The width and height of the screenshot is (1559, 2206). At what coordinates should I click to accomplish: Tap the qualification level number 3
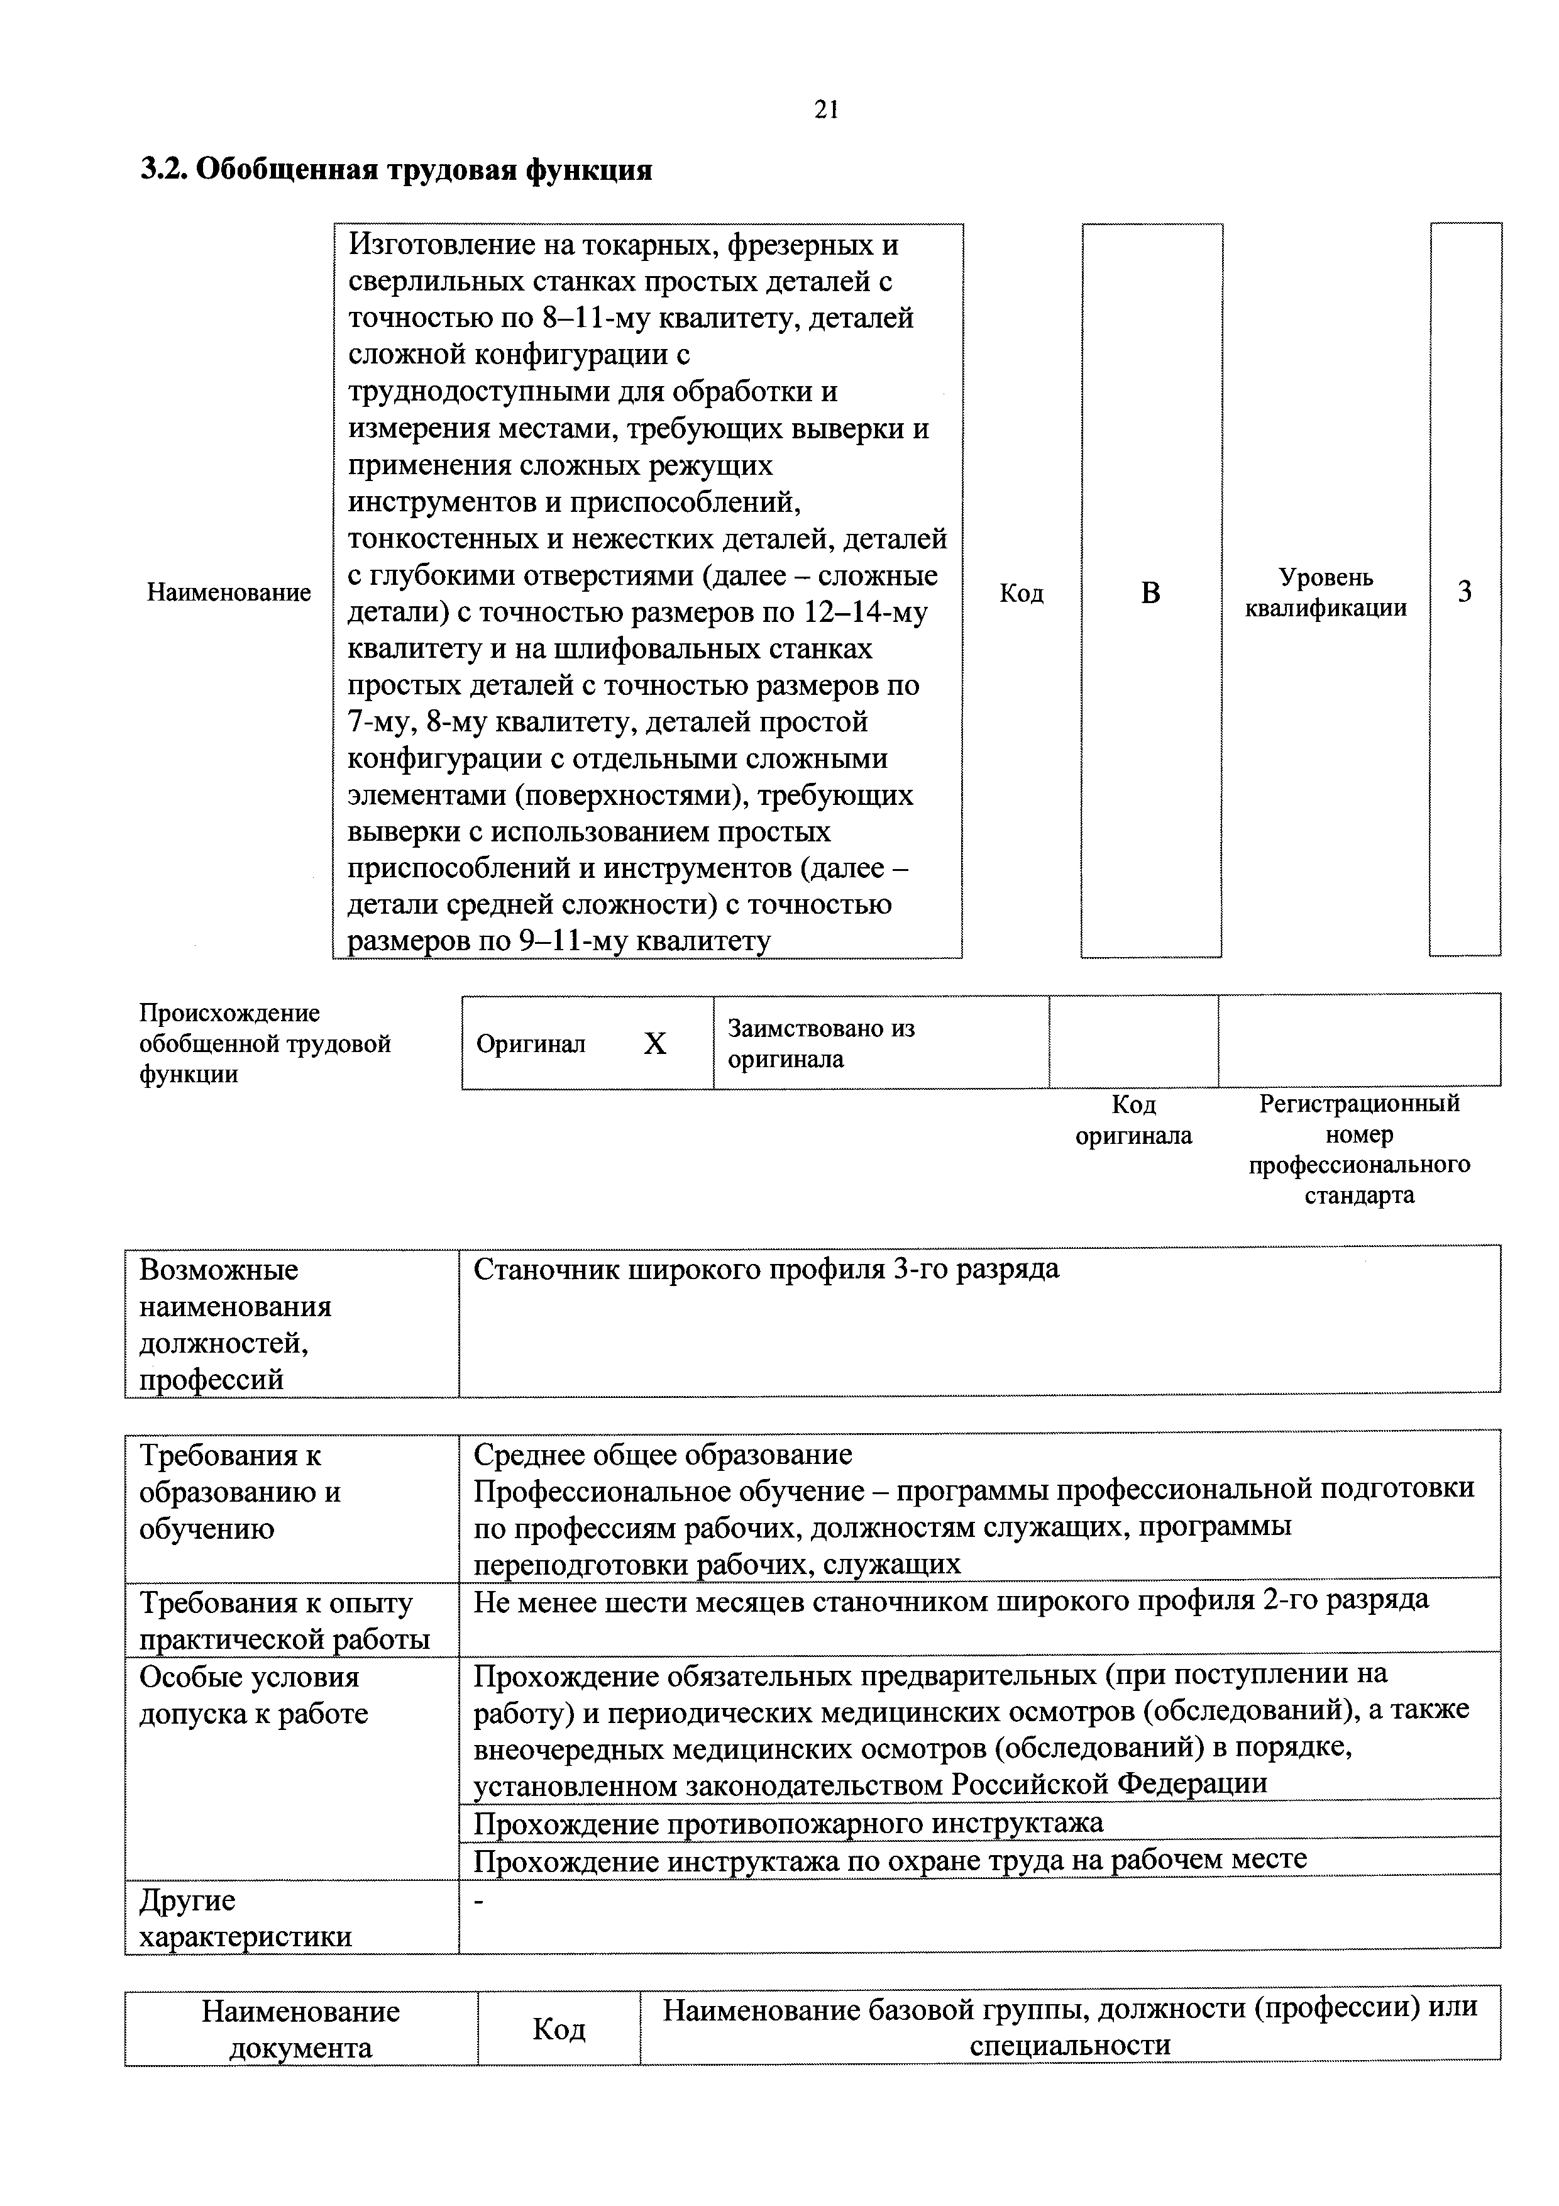(x=1464, y=592)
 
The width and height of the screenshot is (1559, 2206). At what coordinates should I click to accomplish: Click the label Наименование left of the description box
(x=229, y=593)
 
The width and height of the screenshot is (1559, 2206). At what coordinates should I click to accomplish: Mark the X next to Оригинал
(x=654, y=1043)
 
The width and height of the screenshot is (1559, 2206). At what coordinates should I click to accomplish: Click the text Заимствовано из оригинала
(x=820, y=1043)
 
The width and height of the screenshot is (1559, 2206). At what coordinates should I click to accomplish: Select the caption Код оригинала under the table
(x=1133, y=1121)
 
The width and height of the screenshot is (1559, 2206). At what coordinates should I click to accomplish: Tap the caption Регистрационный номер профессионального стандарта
(x=1358, y=1149)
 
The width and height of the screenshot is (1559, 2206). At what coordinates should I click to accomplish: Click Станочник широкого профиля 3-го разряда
(x=766, y=1269)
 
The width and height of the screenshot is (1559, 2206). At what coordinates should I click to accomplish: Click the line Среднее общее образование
(x=663, y=1455)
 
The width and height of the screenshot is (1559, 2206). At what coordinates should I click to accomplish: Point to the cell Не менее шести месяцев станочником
(x=950, y=1599)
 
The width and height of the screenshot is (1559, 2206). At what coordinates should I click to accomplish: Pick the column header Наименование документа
(x=300, y=2029)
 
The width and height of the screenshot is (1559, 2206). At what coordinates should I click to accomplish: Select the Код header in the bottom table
(x=558, y=2029)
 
